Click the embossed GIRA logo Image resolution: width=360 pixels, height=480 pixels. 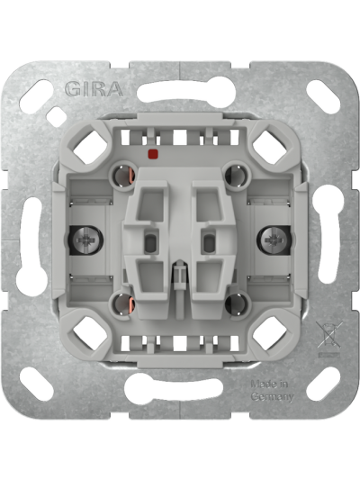pos(94,89)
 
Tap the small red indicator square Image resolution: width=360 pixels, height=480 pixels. pos(152,154)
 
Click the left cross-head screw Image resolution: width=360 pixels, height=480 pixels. pos(84,240)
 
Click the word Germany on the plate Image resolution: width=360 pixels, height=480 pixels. pos(272,397)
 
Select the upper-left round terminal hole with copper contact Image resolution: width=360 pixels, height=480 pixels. pos(123,176)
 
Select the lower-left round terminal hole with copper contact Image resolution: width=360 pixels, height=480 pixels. pos(123,304)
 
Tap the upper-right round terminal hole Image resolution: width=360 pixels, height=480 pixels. pos(236,176)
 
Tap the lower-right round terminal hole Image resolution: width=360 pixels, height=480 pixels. pos(236,304)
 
